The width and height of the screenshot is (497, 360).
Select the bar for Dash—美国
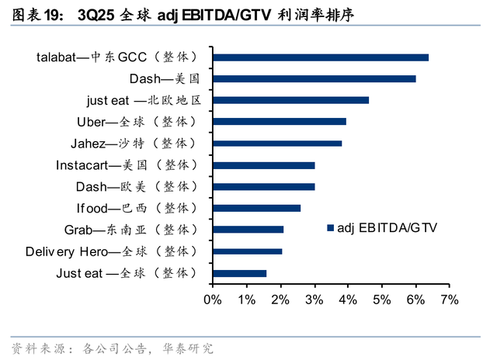tap(314, 78)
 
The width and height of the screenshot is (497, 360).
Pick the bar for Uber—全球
tap(279, 122)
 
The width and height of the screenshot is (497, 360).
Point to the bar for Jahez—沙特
tap(276, 144)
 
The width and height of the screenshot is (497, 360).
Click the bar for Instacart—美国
tap(263, 165)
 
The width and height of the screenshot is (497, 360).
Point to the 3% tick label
tap(315, 300)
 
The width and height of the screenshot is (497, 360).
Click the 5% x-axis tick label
tap(382, 300)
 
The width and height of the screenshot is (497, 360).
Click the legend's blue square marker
tap(330, 228)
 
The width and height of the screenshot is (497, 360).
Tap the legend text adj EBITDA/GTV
tap(387, 228)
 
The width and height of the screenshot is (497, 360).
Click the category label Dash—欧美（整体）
tap(137, 187)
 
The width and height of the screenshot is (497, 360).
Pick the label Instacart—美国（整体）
tap(127, 165)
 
